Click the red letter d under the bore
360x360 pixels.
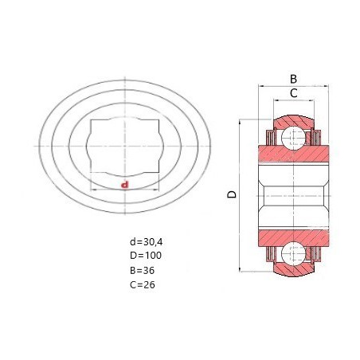click(x=124, y=185)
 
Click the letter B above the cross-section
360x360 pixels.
click(x=293, y=79)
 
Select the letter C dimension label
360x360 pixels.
click(x=293, y=93)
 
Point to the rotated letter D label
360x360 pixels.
click(x=232, y=194)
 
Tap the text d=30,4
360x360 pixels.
click(x=146, y=242)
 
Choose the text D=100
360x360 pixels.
click(x=146, y=256)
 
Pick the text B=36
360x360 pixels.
click(x=142, y=271)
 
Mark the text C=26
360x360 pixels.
click(x=143, y=285)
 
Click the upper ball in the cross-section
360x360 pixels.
click(x=293, y=138)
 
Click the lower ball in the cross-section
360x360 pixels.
click(x=293, y=253)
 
